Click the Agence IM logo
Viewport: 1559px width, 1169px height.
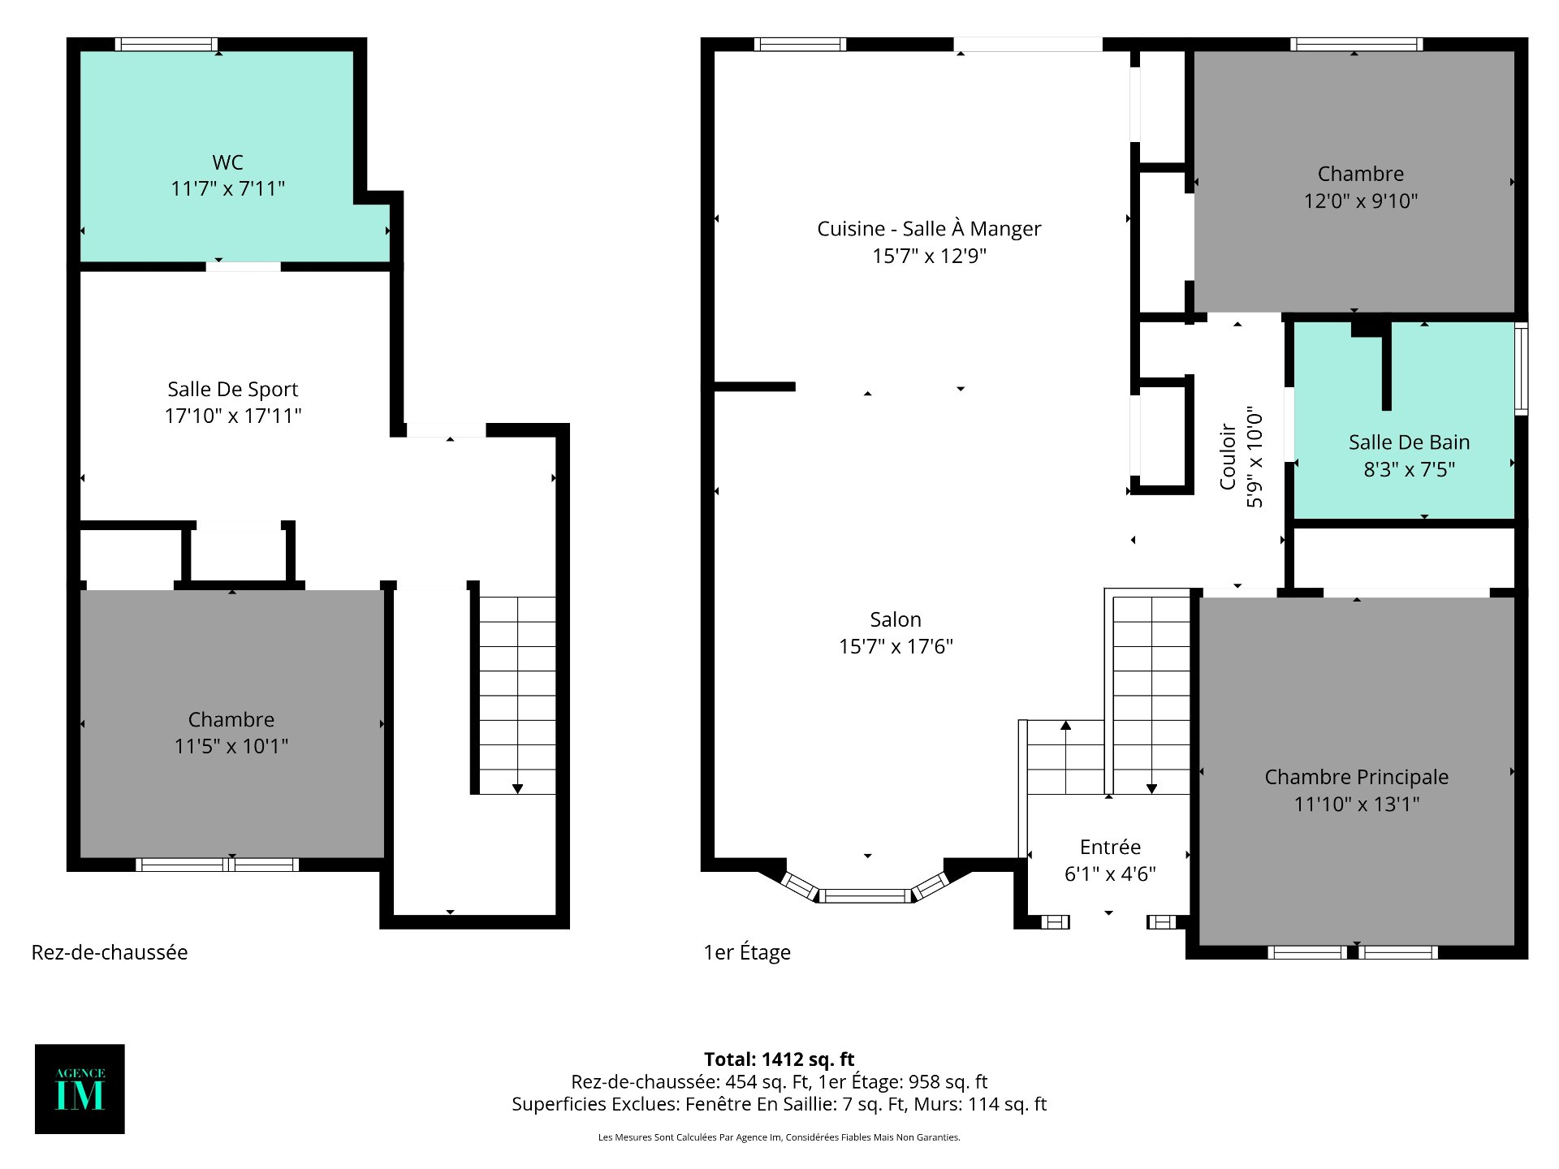coord(80,1089)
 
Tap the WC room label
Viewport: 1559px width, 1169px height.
coord(227,162)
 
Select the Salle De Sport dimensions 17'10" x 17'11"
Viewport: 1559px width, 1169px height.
coord(233,416)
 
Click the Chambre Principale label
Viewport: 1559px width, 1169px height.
coord(1356,777)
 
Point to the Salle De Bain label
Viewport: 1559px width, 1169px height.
coord(1409,442)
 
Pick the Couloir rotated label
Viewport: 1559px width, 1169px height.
coord(1228,457)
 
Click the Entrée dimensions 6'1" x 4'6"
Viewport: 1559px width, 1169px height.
coord(1110,874)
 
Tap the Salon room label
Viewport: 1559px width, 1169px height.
coord(896,619)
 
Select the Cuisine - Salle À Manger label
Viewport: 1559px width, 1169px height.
coord(929,229)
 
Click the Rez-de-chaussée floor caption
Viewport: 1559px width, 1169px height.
coord(110,952)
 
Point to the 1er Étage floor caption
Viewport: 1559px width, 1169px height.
coord(747,952)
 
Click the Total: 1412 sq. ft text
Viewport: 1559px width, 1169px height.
coord(779,1059)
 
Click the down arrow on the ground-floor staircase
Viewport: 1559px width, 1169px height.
coord(517,788)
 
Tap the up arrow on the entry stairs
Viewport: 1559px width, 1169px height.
coord(1065,726)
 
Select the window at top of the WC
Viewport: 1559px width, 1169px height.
coord(166,45)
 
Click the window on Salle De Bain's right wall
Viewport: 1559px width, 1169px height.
coord(1522,369)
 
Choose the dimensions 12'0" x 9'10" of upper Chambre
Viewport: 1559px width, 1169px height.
coord(1360,201)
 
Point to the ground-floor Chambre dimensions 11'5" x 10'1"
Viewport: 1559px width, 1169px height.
coord(231,746)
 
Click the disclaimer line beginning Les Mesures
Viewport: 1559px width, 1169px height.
coord(779,1137)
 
